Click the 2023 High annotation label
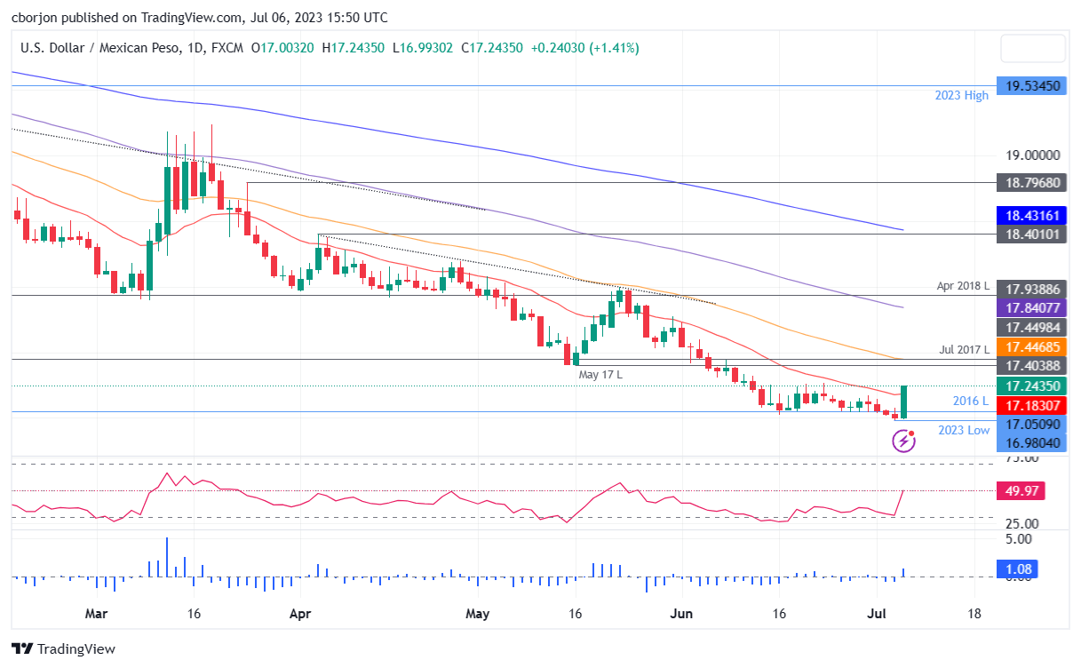pos(960,96)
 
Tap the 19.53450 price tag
pos(1031,86)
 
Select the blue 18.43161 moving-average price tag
pos(1031,216)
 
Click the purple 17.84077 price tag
pos(1031,308)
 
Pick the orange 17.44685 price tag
pos(1031,347)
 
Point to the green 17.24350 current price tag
pos(1031,386)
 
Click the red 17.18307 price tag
pos(1031,404)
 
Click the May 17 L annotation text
pos(600,375)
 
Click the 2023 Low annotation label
pos(963,430)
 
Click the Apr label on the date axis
pos(300,614)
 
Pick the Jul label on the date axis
pos(885,614)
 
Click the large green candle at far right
pos(903,402)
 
